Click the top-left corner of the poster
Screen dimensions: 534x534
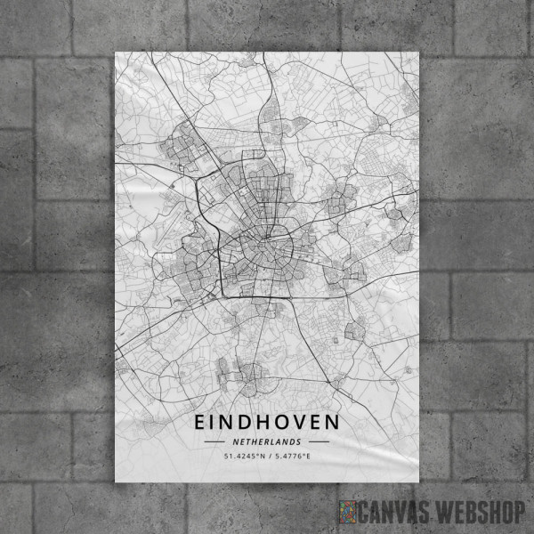click(116, 52)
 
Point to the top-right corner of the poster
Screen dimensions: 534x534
click(417, 52)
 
